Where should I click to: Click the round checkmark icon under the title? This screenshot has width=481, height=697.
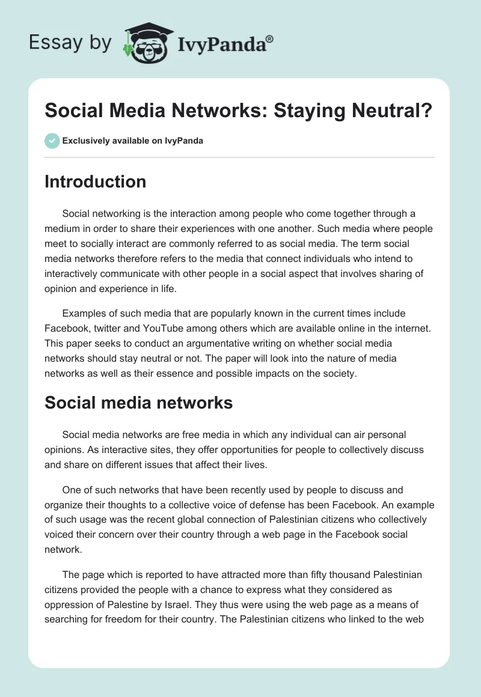point(52,141)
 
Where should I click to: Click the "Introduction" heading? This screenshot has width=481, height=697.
point(95,181)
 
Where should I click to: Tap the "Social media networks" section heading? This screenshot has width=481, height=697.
point(138,403)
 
